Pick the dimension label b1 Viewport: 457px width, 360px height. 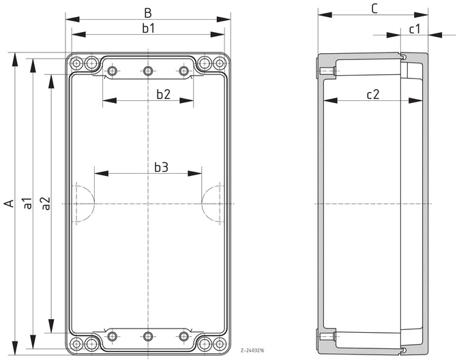(148, 28)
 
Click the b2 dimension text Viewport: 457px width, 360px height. (162, 94)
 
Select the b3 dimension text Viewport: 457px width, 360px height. (160, 166)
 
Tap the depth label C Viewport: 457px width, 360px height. (374, 8)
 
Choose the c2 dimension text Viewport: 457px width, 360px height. (372, 95)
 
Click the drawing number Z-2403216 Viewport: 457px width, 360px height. (252, 350)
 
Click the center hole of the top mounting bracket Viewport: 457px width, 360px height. (148, 70)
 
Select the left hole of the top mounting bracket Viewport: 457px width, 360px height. (113, 70)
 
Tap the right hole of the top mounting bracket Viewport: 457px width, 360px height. (183, 70)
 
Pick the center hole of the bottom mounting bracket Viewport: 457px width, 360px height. (148, 335)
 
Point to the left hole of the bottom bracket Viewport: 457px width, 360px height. (113, 335)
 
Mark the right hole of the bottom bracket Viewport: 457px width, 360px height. (183, 335)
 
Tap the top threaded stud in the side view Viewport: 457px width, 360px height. (327, 71)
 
